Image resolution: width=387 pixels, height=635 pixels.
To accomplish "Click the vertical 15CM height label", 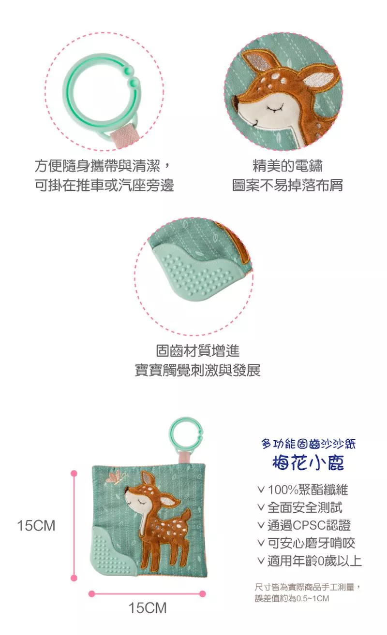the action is pyautogui.click(x=36, y=526).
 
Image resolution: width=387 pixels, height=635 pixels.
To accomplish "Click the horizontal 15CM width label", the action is pyautogui.click(x=148, y=608).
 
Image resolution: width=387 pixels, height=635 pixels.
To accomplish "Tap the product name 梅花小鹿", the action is pyautogui.click(x=308, y=462).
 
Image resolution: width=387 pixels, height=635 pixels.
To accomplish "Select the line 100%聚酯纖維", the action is pyautogui.click(x=303, y=490).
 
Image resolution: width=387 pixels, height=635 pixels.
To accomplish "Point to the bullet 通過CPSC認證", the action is pyautogui.click(x=304, y=525).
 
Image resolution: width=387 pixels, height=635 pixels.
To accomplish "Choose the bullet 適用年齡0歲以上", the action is pyautogui.click(x=309, y=561).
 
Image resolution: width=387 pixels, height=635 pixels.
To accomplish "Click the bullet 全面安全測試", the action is pyautogui.click(x=300, y=507).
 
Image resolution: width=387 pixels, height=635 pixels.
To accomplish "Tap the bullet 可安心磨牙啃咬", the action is pyautogui.click(x=306, y=543).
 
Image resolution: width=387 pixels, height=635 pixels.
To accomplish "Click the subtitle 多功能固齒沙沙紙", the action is pyautogui.click(x=308, y=444).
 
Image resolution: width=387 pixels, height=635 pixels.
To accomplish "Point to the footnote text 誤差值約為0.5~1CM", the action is pyautogui.click(x=292, y=598).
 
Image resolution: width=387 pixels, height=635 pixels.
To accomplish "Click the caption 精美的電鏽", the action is pyautogui.click(x=288, y=166).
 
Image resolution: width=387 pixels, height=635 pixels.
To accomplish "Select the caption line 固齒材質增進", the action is pyautogui.click(x=198, y=351).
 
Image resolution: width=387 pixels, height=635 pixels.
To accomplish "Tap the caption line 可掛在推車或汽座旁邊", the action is pyautogui.click(x=104, y=185).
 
